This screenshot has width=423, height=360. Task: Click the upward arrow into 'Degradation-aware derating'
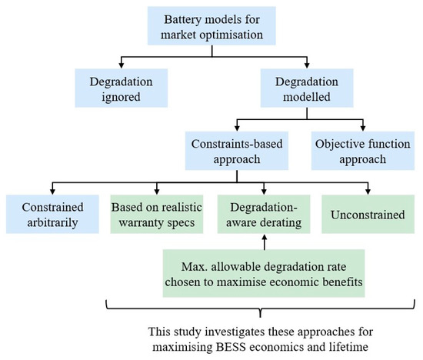coord(265,238)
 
